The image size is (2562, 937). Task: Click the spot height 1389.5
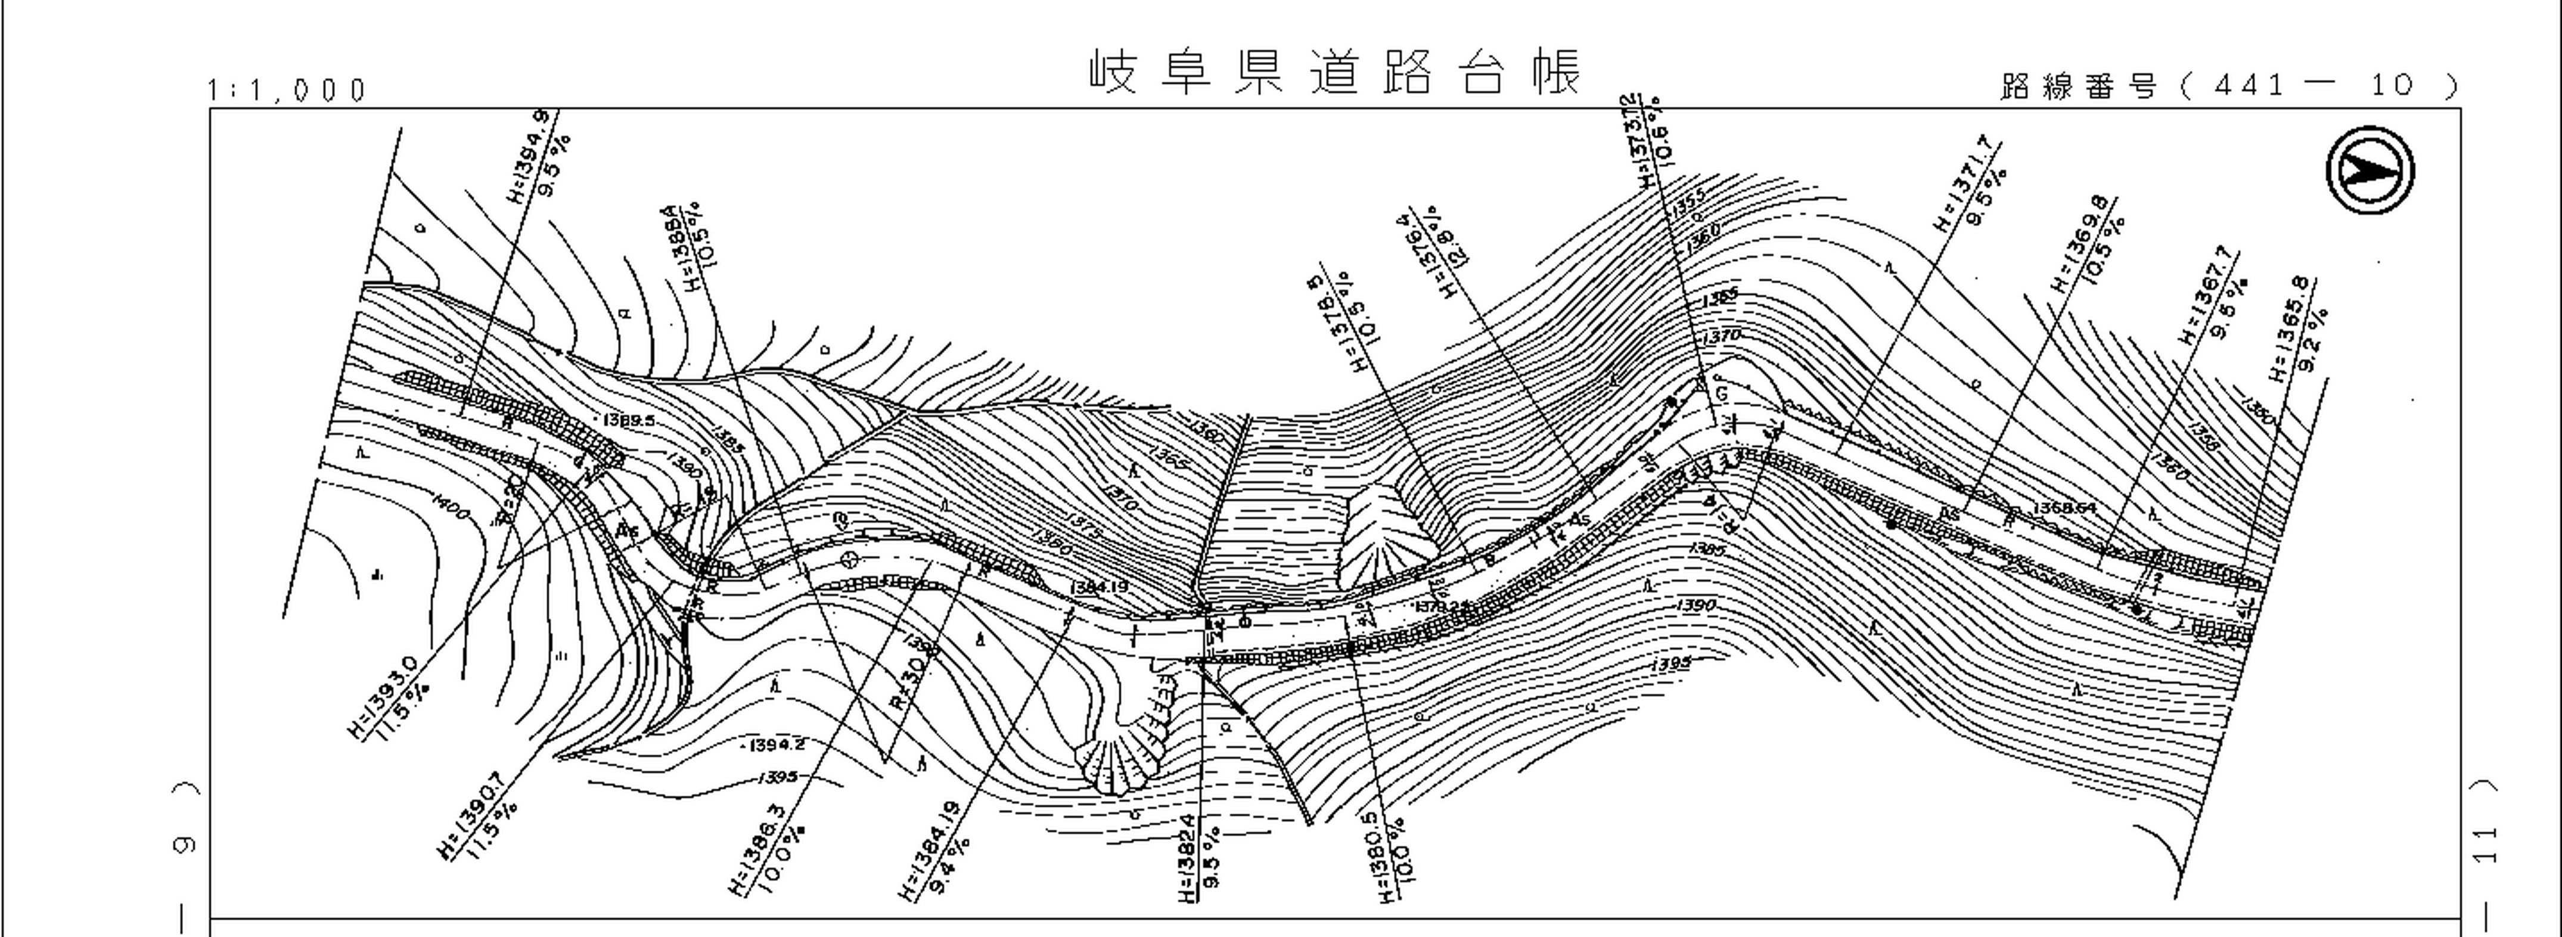pos(629,421)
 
